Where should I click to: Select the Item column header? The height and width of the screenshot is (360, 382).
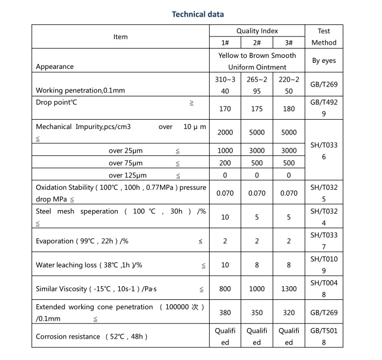point(120,37)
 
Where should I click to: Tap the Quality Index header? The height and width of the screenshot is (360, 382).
point(257,31)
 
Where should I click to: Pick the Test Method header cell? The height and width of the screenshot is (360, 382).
point(323,37)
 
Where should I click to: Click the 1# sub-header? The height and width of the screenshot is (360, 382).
point(225,42)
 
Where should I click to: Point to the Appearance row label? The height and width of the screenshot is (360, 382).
point(55,67)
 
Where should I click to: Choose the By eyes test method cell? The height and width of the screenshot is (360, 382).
point(323,61)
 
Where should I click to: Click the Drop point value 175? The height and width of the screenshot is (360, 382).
point(257,109)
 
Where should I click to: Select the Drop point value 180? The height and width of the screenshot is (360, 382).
point(289,109)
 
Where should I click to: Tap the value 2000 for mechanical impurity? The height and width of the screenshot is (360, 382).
point(225,132)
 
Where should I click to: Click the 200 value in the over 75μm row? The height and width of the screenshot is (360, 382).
point(225,163)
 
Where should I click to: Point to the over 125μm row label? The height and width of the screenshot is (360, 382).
point(128,175)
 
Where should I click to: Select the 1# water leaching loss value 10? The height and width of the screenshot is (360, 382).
point(225,265)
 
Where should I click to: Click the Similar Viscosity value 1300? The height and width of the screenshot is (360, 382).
point(289,289)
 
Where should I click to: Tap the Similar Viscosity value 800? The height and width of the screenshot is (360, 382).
point(225,289)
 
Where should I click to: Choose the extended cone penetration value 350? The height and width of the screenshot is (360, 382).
point(257,313)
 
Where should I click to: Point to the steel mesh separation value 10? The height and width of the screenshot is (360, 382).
point(225,217)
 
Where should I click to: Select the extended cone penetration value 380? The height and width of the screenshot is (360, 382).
point(225,313)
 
